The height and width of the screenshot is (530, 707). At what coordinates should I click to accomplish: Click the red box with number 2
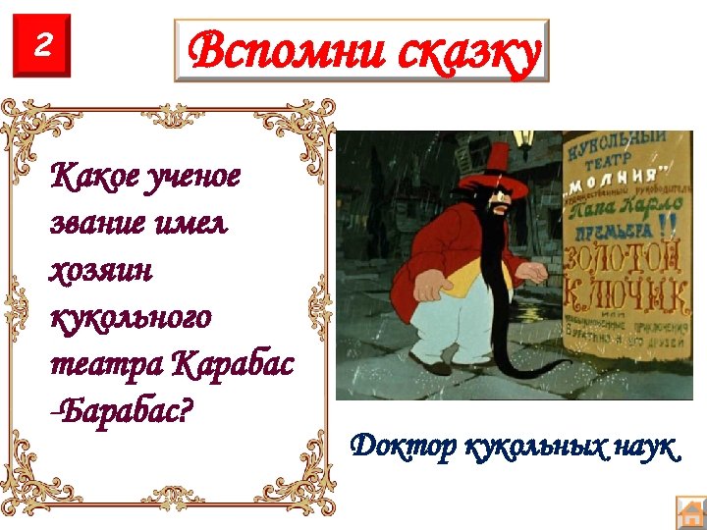pyautogui.click(x=42, y=46)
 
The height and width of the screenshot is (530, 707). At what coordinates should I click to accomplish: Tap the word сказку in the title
pyautogui.click(x=468, y=52)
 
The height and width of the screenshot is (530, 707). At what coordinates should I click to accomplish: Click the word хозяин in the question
pyautogui.click(x=100, y=271)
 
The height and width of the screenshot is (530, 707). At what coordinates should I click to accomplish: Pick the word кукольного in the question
pyautogui.click(x=130, y=318)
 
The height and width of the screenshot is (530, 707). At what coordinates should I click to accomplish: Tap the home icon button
pyautogui.click(x=690, y=512)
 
